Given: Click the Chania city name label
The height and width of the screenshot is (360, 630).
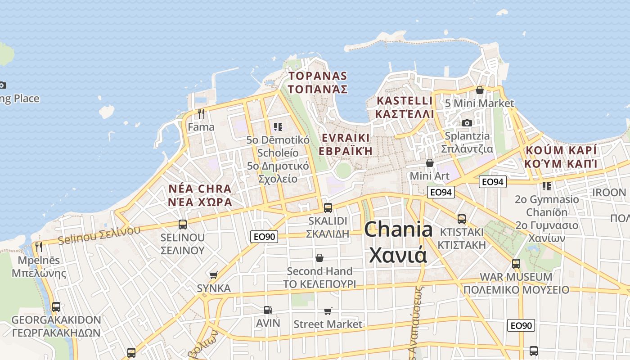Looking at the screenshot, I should pos(398,242).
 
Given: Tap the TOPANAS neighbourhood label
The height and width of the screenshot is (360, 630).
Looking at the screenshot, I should pos(318,82).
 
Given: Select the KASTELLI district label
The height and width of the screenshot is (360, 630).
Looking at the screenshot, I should pos(404,107).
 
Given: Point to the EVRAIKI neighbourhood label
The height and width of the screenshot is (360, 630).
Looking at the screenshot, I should pos(345,144).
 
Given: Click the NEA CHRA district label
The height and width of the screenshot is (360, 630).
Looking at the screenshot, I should pos(200,195).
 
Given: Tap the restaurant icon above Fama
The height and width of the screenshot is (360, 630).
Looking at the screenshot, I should pos(201,113).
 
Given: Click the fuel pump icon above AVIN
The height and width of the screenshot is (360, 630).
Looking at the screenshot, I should pos(268,310).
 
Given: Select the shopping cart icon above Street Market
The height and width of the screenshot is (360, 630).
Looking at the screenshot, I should pos(328,311).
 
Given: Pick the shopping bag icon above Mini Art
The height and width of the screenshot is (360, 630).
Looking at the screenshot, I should pos(430,162).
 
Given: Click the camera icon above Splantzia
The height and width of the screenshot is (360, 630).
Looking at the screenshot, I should pos(467,123).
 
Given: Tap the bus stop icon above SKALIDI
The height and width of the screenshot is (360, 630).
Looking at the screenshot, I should pos(328,207).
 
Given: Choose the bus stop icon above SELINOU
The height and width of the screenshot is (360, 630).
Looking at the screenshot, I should pos(183,224).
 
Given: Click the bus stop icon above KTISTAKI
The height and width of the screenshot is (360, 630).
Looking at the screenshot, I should pos(462,219).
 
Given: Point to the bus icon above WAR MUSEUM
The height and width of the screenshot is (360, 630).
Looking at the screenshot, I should pos(516,263).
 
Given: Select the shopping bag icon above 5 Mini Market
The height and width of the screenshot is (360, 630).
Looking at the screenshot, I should pos(480,90).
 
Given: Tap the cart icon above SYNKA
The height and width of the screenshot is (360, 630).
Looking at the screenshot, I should pos(214,275).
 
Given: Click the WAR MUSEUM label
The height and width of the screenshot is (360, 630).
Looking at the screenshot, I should pos(516,283).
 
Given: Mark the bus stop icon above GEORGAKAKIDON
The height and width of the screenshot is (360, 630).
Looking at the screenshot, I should pos(56,307).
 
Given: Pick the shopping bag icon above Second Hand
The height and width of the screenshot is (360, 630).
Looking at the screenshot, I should pos(319,258).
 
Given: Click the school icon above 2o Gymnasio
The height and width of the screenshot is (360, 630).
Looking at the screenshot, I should pos(547,186).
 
